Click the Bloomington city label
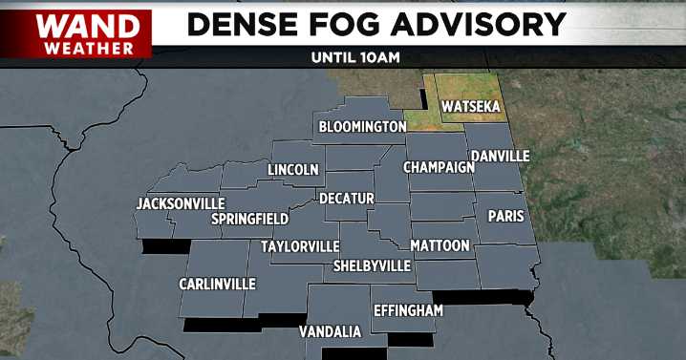[362, 126]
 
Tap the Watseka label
[469, 106]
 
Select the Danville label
[501, 156]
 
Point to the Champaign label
[439, 167]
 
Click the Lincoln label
[293, 170]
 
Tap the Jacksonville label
[181, 203]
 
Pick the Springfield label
[249, 219]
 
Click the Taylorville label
[300, 246]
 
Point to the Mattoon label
[439, 245]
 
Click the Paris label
[506, 216]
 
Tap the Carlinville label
[217, 284]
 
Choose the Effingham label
[408, 310]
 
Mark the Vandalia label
[330, 331]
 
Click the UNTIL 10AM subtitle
[354, 56]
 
